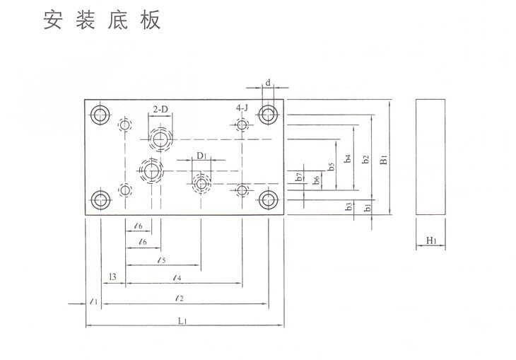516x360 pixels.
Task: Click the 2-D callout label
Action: [161, 109]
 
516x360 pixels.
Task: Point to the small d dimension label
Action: [269, 83]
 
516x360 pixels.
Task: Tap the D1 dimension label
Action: [201, 155]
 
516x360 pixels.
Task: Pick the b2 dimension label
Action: [365, 160]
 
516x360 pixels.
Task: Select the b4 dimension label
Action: [348, 160]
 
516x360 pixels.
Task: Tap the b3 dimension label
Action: [349, 207]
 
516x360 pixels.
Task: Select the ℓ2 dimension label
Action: [180, 299]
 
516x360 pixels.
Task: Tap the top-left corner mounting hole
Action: [100, 115]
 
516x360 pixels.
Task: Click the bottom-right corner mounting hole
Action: [268, 200]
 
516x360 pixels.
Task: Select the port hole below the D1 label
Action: [201, 184]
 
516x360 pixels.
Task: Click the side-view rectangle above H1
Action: [433, 158]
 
